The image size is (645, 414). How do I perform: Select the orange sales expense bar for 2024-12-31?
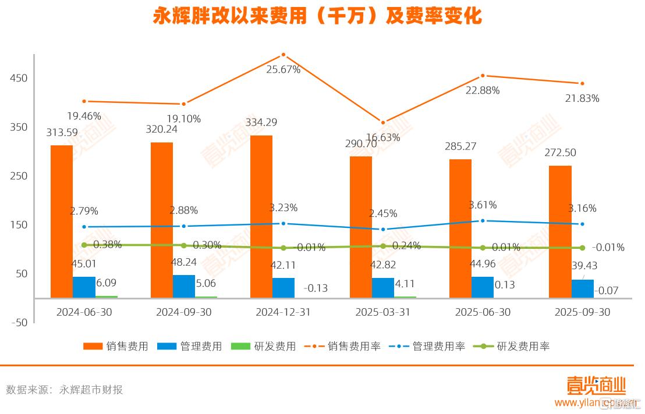click(261, 216)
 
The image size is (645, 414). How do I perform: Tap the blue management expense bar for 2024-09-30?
click(184, 285)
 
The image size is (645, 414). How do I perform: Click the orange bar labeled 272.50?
click(560, 231)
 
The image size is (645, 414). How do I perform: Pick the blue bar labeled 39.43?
click(583, 288)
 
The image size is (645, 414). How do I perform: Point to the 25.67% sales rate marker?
click(283, 55)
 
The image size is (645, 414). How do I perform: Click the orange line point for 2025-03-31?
click(383, 123)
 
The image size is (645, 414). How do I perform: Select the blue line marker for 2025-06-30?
click(483, 221)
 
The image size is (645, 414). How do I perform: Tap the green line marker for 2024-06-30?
click(84, 245)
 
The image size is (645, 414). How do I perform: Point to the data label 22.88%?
click(483, 90)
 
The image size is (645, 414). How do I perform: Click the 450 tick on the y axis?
click(19, 78)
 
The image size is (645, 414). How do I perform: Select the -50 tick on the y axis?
click(19, 323)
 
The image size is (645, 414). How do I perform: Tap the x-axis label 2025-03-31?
click(383, 312)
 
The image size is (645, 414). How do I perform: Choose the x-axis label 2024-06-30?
click(84, 312)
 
